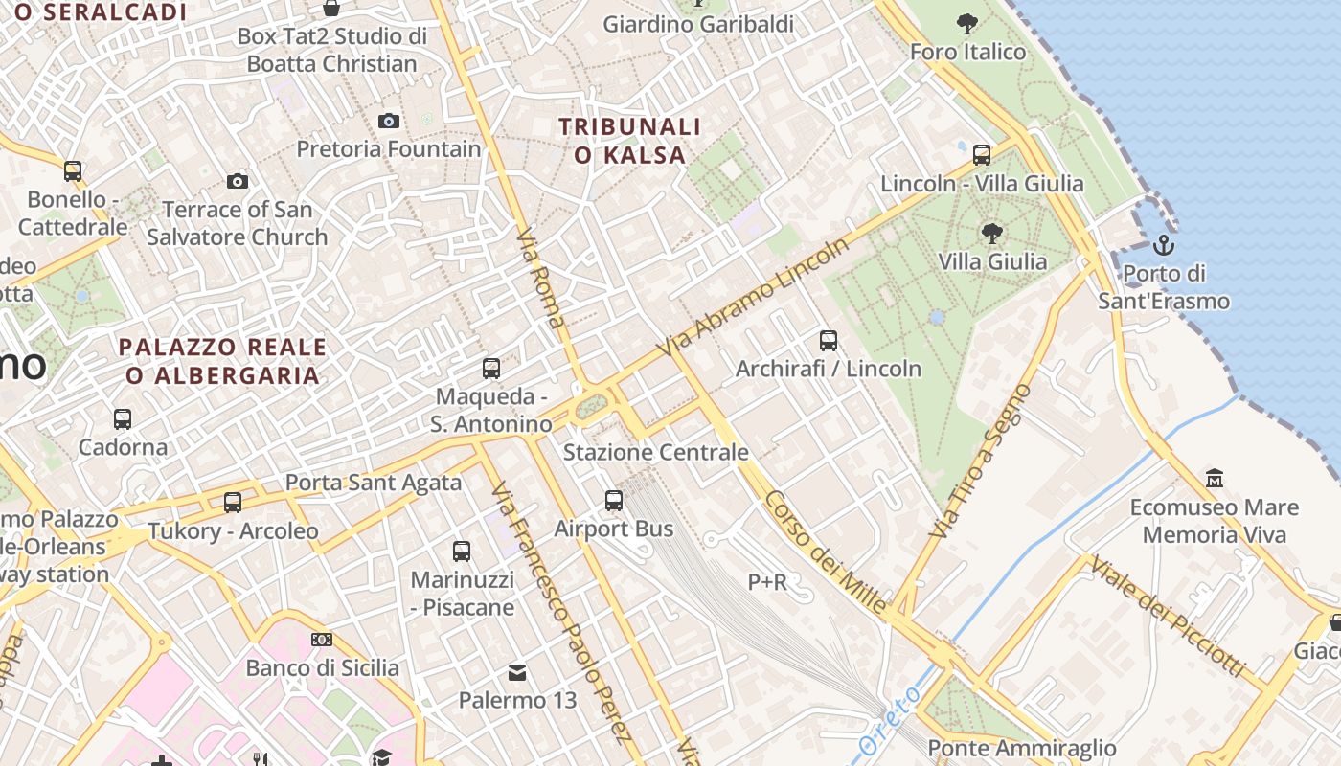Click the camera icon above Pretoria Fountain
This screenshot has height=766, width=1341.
(x=388, y=121)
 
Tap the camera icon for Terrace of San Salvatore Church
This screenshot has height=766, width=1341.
(x=237, y=181)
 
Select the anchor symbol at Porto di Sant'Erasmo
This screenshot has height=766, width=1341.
(x=1163, y=245)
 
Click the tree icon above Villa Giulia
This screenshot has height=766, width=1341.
(x=992, y=233)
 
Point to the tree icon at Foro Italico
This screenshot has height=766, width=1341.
(x=967, y=23)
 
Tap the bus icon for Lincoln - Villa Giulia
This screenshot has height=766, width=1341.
(x=982, y=155)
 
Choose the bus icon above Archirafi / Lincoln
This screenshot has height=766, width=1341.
(x=829, y=340)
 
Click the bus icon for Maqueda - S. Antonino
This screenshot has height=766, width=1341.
(x=491, y=368)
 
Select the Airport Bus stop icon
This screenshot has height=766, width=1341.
(x=614, y=500)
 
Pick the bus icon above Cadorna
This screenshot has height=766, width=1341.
(x=123, y=418)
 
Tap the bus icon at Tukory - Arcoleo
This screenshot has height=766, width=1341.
(x=233, y=502)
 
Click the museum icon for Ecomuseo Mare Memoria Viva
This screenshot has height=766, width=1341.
(x=1215, y=478)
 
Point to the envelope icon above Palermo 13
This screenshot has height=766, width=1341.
(x=517, y=672)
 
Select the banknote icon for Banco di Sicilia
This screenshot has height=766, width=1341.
(x=322, y=639)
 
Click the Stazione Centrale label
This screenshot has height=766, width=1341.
(x=655, y=452)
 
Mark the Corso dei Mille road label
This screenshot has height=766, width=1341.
(x=825, y=552)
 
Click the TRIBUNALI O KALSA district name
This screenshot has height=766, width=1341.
(x=630, y=141)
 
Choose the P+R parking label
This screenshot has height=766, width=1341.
(x=767, y=581)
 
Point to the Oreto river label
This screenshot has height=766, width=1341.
(x=890, y=722)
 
